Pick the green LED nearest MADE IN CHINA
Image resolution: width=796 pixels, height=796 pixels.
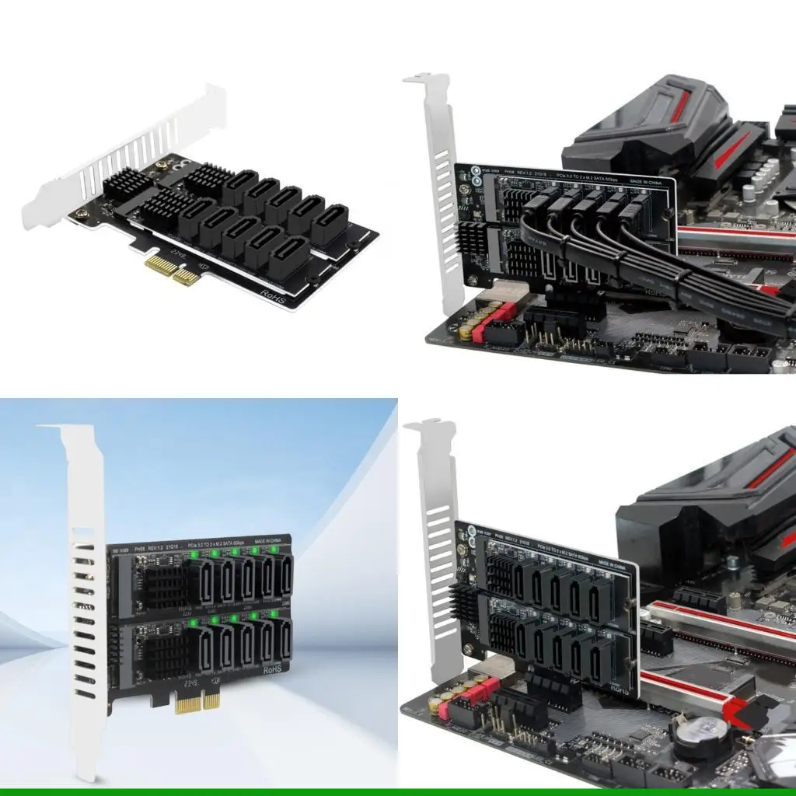(274, 550)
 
